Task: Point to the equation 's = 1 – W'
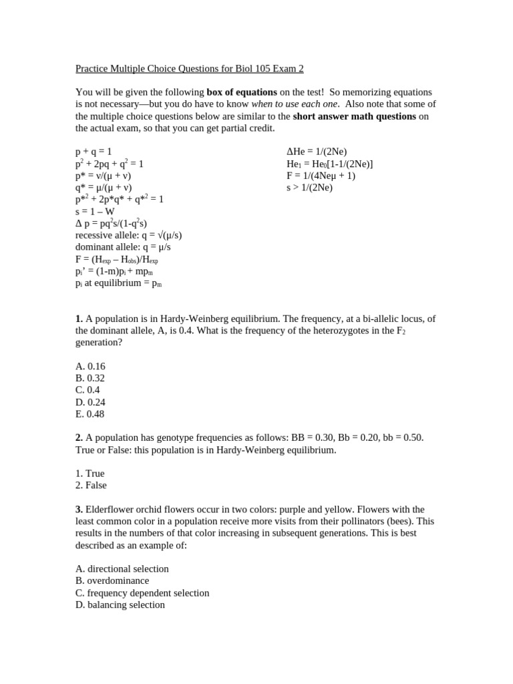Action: tap(95, 212)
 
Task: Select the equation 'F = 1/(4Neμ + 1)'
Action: tap(321, 176)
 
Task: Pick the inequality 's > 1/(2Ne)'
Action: tap(309, 188)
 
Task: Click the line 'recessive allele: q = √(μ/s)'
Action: tap(128, 236)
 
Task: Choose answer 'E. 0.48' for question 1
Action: tap(90, 414)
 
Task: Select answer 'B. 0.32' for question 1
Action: tap(90, 378)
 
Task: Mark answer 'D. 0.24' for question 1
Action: tap(90, 402)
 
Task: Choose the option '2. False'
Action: tap(91, 485)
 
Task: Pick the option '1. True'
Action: tap(90, 473)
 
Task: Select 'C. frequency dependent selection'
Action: tap(142, 593)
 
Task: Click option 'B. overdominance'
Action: tap(112, 581)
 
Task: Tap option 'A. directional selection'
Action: tap(122, 569)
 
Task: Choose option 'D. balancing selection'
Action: tap(120, 605)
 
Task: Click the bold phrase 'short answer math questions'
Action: tap(354, 116)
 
